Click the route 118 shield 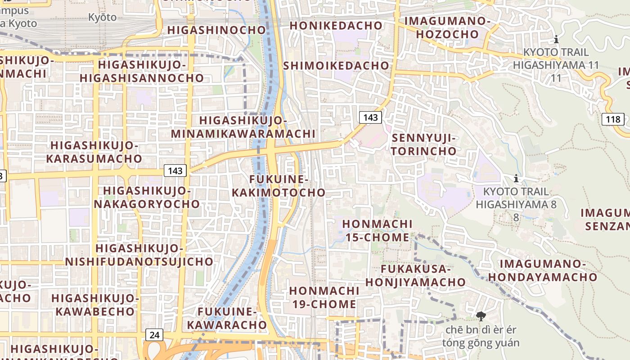[612, 120]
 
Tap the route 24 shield [154, 335]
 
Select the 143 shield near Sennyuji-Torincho [370, 117]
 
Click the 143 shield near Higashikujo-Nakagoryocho [175, 171]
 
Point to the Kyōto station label [102, 18]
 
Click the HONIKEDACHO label [336, 26]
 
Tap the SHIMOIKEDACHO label [336, 66]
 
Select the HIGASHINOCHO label [217, 30]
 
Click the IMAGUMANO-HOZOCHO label [447, 27]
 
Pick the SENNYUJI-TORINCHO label [424, 144]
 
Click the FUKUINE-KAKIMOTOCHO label [279, 186]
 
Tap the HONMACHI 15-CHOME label [377, 230]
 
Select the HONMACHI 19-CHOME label [324, 297]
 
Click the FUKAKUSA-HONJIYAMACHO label [415, 275]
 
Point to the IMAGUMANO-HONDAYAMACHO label [543, 270]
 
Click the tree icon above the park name [481, 316]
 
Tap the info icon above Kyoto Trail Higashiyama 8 [516, 179]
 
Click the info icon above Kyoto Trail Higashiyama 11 [557, 39]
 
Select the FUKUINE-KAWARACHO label [227, 318]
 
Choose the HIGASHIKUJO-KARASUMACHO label [94, 152]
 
